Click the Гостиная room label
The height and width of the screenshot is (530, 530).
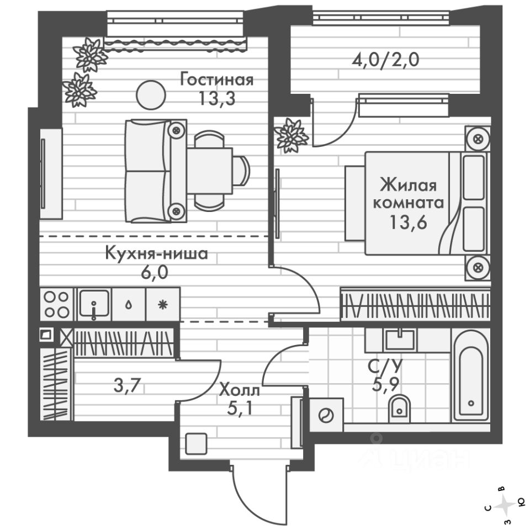(216, 80)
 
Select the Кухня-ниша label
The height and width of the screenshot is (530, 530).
(157, 255)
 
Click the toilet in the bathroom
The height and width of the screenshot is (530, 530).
(399, 407)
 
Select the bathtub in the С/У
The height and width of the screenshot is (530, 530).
(470, 375)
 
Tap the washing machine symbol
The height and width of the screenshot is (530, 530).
(326, 415)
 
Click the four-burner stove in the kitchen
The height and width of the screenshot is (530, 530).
(56, 304)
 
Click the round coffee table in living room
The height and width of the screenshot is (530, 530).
(150, 94)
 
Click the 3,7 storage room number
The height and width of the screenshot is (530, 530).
(125, 386)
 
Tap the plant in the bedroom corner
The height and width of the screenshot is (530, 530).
(290, 134)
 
